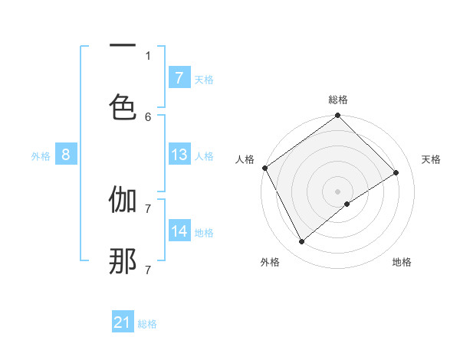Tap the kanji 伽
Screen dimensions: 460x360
123,201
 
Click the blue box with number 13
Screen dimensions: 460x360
179,155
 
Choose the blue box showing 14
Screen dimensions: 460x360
179,231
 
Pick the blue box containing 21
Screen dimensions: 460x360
123,322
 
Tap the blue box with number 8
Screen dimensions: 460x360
66,155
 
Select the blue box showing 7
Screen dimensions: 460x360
179,78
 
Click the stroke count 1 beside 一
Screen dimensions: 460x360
148,55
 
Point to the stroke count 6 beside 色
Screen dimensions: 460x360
148,116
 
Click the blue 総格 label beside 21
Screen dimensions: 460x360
147,324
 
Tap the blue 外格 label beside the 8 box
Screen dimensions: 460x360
41,155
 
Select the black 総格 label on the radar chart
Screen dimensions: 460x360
338,100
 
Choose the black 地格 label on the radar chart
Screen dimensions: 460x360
402,262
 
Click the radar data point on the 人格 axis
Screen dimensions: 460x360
265,168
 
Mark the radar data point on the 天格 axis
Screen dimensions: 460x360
396,172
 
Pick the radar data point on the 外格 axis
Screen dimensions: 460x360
301,242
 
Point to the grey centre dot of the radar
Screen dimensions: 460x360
338,191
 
